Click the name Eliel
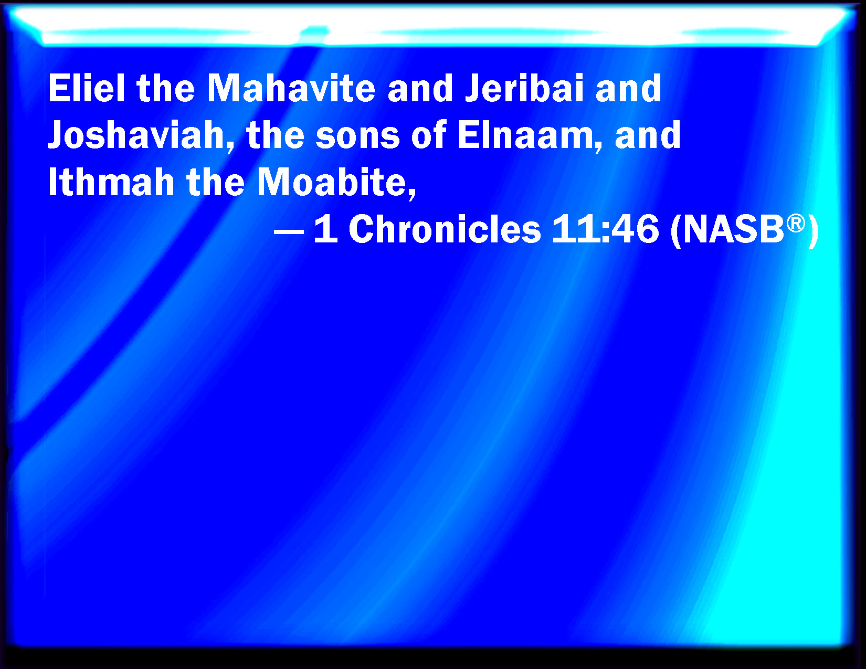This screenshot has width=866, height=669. tap(87, 88)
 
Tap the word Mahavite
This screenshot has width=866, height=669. tap(291, 88)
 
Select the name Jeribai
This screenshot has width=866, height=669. tap(524, 88)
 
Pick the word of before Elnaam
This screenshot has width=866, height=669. tap(428, 135)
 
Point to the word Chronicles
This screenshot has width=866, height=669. tap(445, 229)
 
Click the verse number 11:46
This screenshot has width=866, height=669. tap(605, 229)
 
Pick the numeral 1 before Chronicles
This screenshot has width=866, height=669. tap(326, 229)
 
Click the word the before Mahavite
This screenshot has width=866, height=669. tap(166, 88)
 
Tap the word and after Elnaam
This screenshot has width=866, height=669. tap(648, 136)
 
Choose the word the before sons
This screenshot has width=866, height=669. tap(276, 136)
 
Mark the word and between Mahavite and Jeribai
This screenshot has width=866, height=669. tap(420, 88)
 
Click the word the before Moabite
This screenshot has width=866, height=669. tap(216, 183)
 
